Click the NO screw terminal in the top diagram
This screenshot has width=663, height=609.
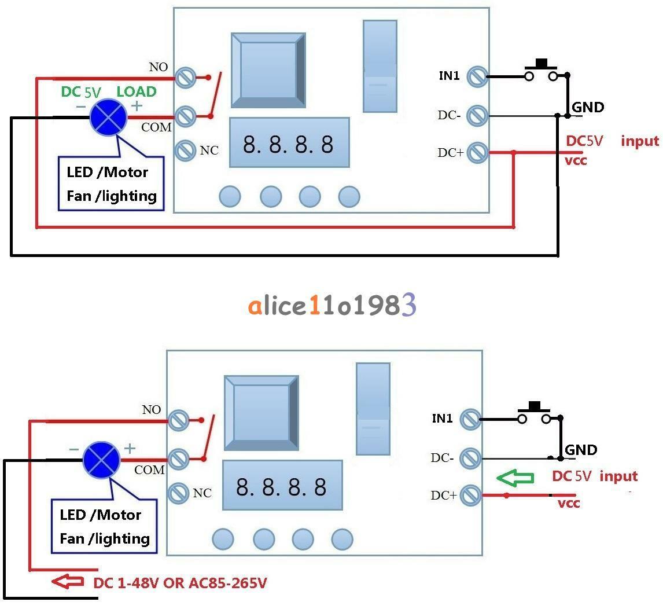tap(185, 78)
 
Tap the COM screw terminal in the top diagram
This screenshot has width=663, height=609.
tap(185, 116)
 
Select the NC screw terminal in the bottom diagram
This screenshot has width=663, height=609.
tap(178, 493)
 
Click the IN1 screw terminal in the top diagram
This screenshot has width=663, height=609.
tap(477, 76)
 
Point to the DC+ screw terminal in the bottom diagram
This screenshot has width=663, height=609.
tap(470, 495)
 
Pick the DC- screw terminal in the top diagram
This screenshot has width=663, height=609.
tap(477, 116)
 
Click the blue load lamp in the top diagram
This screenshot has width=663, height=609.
tap(108, 118)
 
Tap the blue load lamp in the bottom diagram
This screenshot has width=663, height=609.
tap(101, 460)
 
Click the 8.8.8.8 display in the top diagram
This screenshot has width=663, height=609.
tap(289, 142)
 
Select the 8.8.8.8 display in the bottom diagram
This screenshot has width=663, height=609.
tap(282, 486)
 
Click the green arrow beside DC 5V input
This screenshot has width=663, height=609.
tap(515, 478)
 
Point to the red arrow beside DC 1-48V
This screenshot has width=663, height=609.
tap(68, 581)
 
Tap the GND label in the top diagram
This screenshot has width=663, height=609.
tap(588, 107)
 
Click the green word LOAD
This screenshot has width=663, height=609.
tap(137, 91)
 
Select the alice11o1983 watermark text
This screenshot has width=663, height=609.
tap(332, 305)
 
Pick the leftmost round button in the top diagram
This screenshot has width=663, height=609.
tap(230, 196)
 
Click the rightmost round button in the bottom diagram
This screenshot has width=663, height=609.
tap(342, 539)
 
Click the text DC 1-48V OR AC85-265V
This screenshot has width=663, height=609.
tap(180, 583)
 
